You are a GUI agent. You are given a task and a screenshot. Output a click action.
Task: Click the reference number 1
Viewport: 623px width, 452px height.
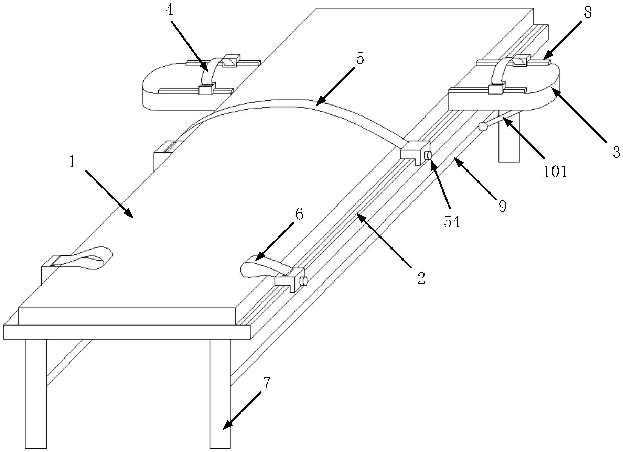click(72, 162)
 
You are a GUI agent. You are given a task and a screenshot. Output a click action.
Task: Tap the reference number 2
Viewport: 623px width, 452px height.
click(421, 278)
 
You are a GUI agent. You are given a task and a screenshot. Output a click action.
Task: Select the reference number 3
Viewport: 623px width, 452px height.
click(616, 152)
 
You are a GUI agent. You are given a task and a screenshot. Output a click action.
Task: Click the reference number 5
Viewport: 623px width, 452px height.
click(360, 59)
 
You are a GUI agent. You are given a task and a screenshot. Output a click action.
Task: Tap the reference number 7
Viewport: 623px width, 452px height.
click(267, 383)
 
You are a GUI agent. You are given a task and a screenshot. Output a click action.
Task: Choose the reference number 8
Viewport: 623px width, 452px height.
click(587, 12)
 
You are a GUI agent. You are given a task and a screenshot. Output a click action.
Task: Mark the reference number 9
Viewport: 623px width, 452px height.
click(503, 206)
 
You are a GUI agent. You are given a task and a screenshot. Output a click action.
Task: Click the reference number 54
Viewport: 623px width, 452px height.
click(452, 222)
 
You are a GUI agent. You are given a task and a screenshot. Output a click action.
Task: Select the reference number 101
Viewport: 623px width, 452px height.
click(555, 171)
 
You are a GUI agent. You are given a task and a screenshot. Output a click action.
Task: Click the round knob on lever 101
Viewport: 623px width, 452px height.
click(483, 127)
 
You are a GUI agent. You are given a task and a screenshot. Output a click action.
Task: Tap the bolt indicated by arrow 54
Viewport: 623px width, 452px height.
click(428, 156)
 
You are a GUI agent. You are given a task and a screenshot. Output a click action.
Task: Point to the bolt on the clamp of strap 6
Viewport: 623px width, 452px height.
click(303, 282)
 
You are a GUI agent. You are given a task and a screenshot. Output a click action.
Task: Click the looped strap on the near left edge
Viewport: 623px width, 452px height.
click(93, 257)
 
